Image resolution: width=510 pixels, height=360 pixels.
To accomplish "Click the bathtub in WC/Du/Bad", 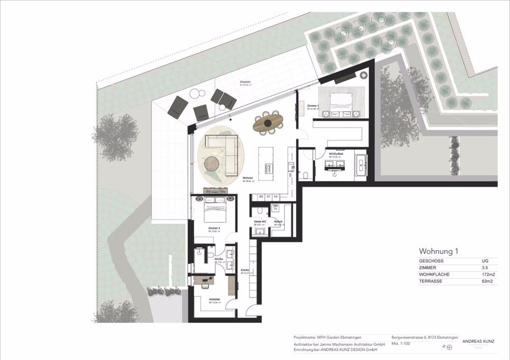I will [x=361, y=164].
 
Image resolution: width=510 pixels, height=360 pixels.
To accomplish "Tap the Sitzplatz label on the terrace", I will [x=245, y=82].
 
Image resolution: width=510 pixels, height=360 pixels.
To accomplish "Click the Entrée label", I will [x=245, y=270].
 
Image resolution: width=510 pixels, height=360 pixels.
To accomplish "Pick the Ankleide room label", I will [x=214, y=299].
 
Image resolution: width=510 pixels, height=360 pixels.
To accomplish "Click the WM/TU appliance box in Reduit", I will [x=275, y=207].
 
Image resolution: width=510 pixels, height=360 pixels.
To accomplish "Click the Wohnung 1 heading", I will [x=439, y=251].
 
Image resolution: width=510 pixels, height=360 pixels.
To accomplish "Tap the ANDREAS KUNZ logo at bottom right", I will [x=478, y=342].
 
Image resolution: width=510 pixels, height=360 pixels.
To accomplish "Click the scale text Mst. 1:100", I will [x=402, y=344].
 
